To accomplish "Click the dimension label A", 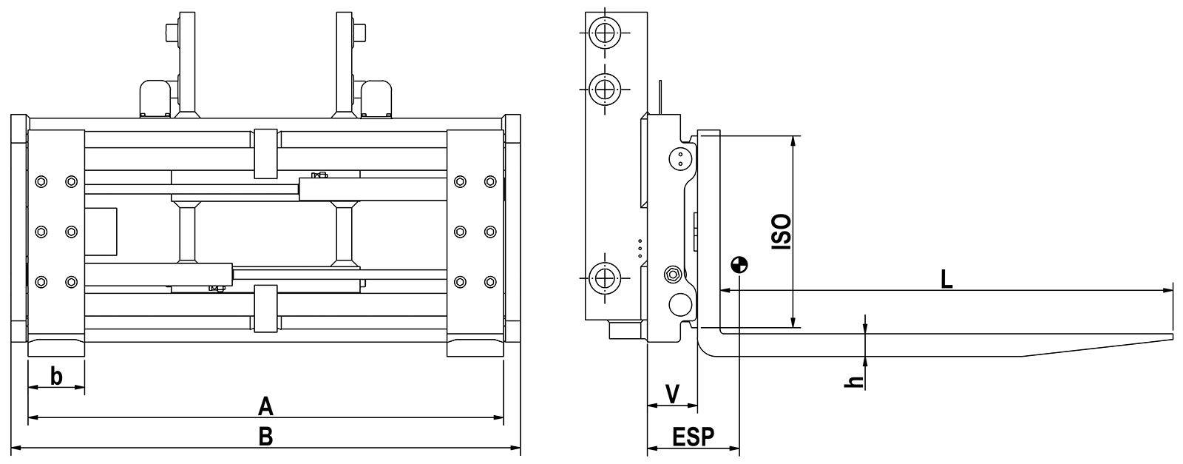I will [x=266, y=406].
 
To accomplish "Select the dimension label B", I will [x=266, y=437].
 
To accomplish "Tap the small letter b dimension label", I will [x=56, y=377].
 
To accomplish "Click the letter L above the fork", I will [x=946, y=279].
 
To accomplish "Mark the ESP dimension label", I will [x=693, y=437].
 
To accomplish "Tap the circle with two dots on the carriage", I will [x=680, y=158].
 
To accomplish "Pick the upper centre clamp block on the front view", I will [x=266, y=153].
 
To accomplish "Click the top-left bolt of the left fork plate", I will [x=41, y=181].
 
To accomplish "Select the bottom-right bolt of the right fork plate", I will [x=490, y=281].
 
